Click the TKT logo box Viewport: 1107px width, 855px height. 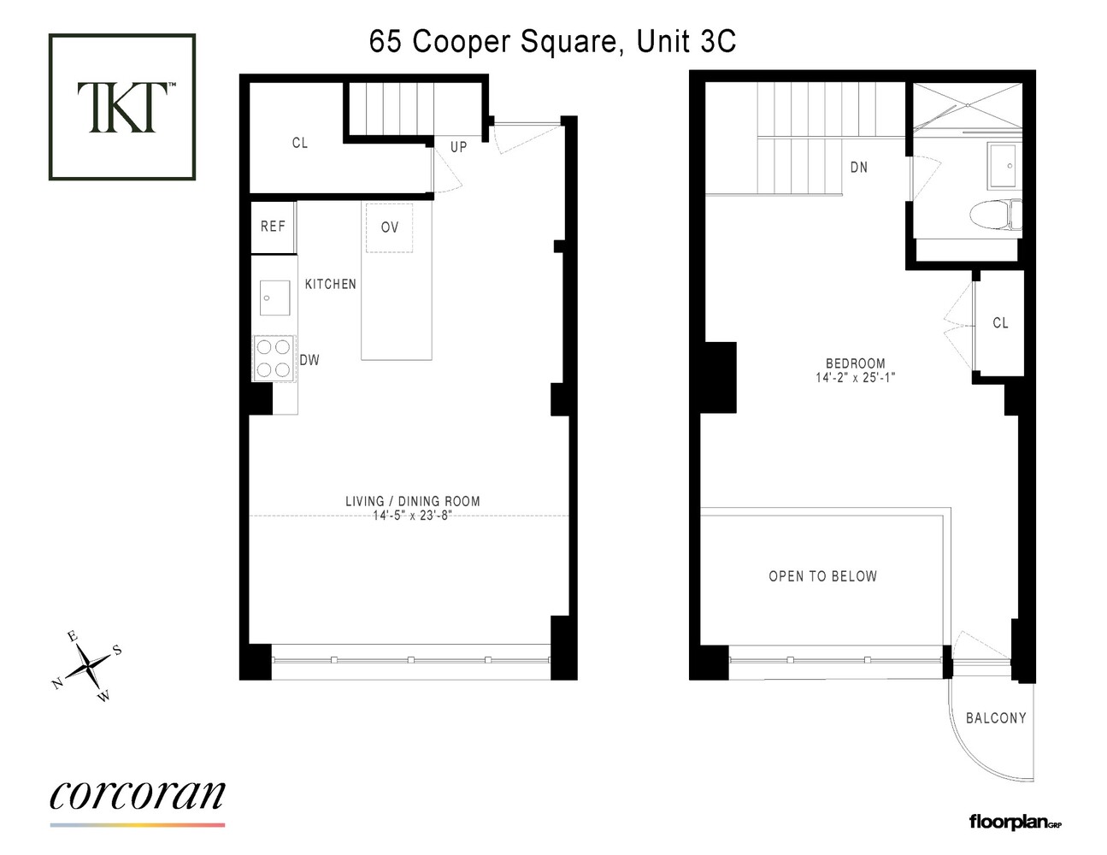pos(122,107)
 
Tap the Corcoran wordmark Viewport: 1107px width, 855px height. pos(138,795)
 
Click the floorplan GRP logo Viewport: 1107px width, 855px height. pos(1015,822)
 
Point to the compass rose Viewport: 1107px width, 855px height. pos(87,666)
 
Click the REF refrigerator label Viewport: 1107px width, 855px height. pos(273,227)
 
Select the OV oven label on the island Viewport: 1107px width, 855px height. pos(390,227)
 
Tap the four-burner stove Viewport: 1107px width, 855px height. pos(274,358)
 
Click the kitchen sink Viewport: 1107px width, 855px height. pos(274,298)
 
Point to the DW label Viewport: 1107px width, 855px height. pos(309,360)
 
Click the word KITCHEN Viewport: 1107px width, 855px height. pos(331,284)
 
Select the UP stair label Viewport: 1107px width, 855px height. pos(459,147)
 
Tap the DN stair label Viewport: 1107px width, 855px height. pos(859,168)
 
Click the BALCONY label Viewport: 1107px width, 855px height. pos(996,718)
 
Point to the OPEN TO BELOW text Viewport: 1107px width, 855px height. pos(822,576)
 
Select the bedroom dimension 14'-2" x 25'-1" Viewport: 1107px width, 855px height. pos(855,377)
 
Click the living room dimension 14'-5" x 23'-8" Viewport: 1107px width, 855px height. pos(411,516)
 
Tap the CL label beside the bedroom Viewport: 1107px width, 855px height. pos(1000,323)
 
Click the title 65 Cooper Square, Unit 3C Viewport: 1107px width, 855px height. pos(552,41)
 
